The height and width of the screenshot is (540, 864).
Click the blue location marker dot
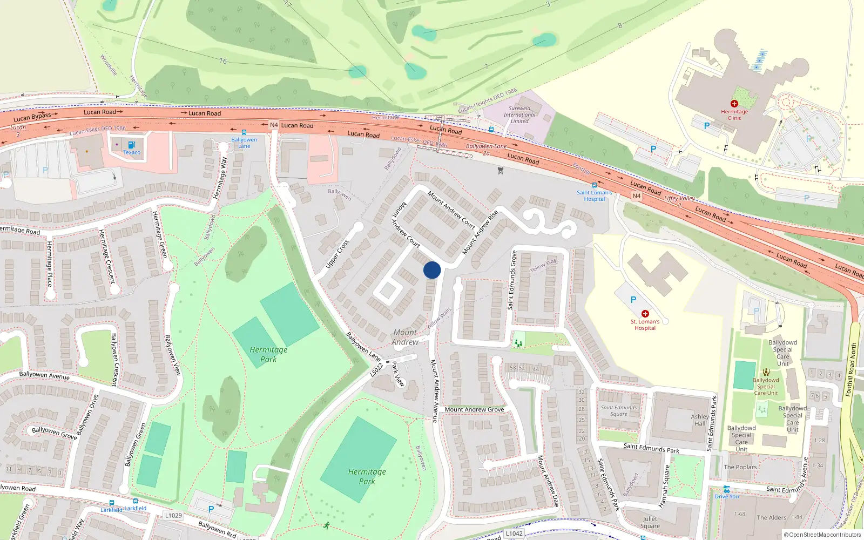pos(432,270)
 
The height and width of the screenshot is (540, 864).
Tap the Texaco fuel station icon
pos(132,145)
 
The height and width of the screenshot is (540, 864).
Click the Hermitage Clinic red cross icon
pos(734,104)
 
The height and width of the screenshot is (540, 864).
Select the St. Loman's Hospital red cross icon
pos(645,314)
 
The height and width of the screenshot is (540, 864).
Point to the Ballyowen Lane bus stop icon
pos(244,132)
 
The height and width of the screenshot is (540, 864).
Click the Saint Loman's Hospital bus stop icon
pos(594,185)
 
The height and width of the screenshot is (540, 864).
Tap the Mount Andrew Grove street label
pos(474,409)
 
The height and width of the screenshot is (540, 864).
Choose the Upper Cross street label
pos(337,254)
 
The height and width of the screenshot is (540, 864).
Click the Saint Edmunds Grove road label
pos(512,280)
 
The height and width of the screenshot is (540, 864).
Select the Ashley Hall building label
pos(700,420)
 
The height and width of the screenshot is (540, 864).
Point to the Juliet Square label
pos(650,522)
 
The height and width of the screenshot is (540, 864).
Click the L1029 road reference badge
pos(173,515)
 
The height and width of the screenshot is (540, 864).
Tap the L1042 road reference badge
pos(514,534)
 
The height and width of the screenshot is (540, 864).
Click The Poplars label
pos(740,467)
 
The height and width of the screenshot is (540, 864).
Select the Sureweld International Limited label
pos(519,114)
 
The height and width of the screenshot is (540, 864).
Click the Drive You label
pos(727,496)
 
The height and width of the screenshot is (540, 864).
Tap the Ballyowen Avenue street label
pos(44,375)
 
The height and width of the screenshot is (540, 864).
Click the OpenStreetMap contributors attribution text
pos(825,535)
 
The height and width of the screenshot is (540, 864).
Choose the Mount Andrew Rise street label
pos(480,233)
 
